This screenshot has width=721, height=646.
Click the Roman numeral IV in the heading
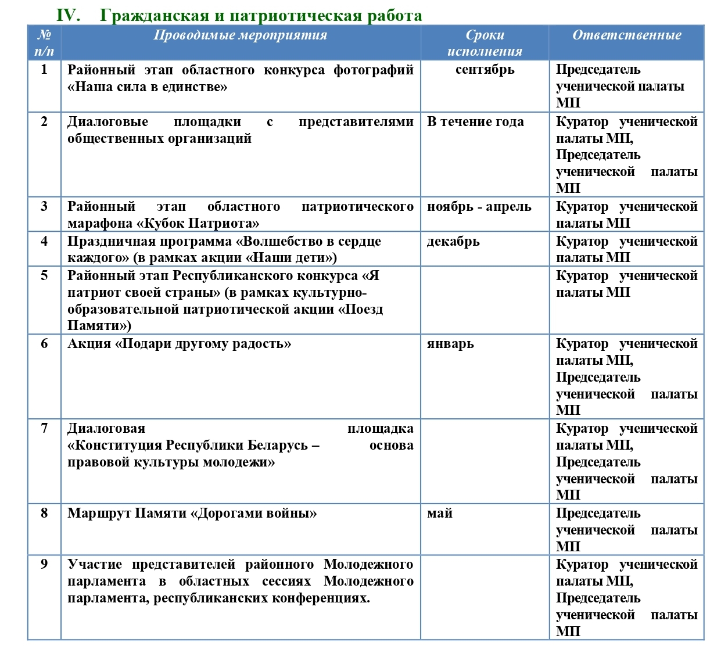68,15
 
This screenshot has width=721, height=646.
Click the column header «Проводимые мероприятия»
241,35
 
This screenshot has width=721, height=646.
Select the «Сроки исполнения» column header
485,43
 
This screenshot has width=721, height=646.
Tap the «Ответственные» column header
626,35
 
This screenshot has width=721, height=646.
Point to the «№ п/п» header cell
44,43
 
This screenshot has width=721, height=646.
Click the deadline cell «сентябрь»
485,70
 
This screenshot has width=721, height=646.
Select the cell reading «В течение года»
475,122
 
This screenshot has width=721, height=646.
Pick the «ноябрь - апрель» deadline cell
479,207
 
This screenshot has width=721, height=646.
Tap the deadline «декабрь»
453,242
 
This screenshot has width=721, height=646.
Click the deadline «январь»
450,344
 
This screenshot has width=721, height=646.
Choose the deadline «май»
440,514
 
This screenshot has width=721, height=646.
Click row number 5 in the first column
44,275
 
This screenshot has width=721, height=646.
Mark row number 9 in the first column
44,564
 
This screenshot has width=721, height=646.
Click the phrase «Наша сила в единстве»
148,87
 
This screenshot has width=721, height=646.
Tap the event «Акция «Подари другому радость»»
179,344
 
